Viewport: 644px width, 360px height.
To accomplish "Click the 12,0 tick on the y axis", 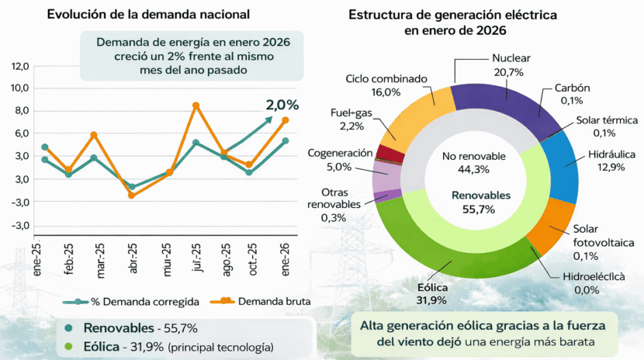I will click(x=19, y=66).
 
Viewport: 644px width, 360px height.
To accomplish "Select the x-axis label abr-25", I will click(x=134, y=257).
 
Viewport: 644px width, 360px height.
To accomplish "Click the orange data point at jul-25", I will click(x=196, y=106).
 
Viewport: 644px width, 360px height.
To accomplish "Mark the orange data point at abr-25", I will click(x=131, y=196).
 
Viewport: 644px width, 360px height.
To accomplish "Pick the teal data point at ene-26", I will click(x=286, y=141).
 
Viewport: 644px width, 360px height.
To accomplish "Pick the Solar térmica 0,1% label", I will click(x=607, y=126).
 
